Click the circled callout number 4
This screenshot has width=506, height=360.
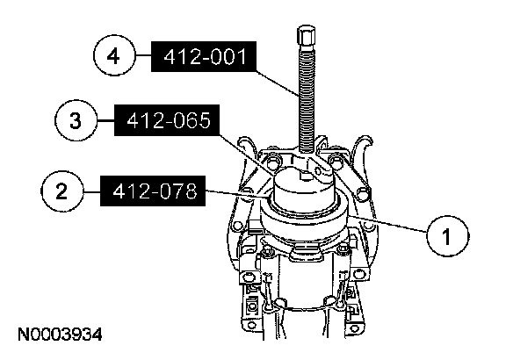(113, 55)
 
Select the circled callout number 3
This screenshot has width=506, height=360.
(76, 120)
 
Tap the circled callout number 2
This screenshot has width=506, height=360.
(61, 191)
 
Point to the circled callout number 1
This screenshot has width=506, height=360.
(448, 236)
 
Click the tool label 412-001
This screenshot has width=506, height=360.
(204, 56)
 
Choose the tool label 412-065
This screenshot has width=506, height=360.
(167, 120)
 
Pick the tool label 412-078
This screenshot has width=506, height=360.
(153, 191)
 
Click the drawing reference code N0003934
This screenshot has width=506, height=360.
(60, 335)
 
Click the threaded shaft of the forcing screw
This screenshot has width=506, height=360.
(307, 100)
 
